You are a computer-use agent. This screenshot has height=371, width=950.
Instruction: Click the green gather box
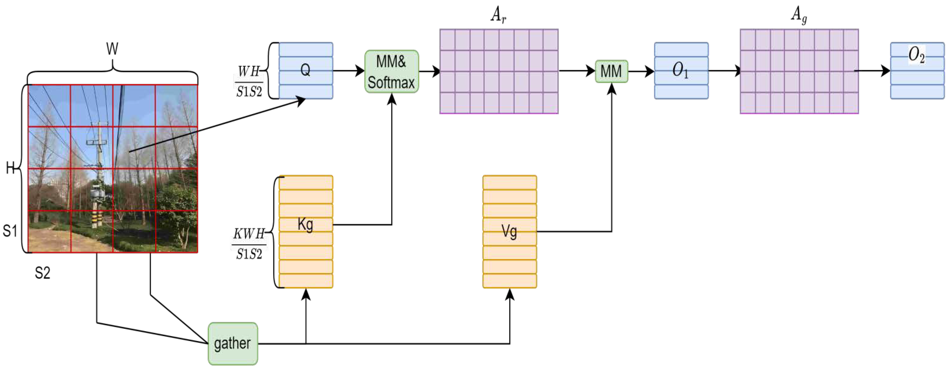(x=233, y=343)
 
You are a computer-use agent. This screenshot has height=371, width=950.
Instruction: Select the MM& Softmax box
(x=391, y=71)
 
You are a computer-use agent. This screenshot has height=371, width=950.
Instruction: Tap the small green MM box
(x=611, y=71)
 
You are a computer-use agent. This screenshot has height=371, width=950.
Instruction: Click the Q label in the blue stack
(x=305, y=70)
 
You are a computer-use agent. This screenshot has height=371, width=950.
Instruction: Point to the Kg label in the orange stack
(x=305, y=224)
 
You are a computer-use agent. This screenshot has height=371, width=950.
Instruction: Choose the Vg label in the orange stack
(x=509, y=231)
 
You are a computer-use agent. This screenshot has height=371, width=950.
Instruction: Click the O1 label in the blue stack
(x=680, y=70)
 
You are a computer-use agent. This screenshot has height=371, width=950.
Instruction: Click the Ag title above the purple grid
(x=799, y=15)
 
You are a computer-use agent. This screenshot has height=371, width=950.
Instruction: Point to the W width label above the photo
(x=112, y=49)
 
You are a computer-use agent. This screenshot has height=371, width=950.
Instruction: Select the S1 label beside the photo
(x=10, y=231)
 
